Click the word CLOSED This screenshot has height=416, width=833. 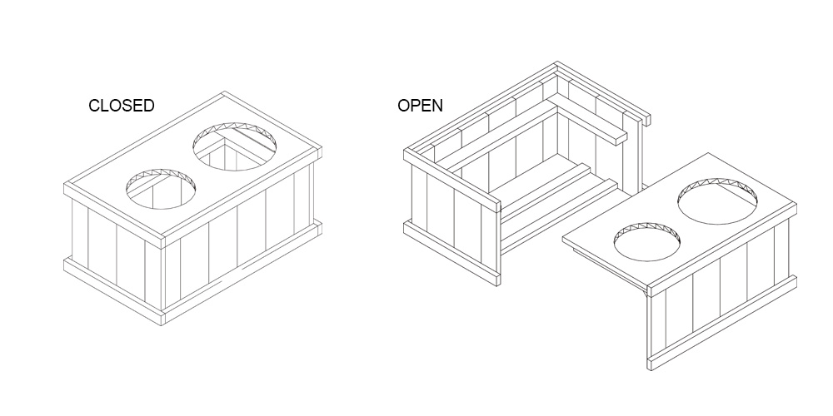(121, 106)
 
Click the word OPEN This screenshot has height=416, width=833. (420, 106)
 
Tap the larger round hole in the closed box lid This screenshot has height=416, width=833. (236, 146)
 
